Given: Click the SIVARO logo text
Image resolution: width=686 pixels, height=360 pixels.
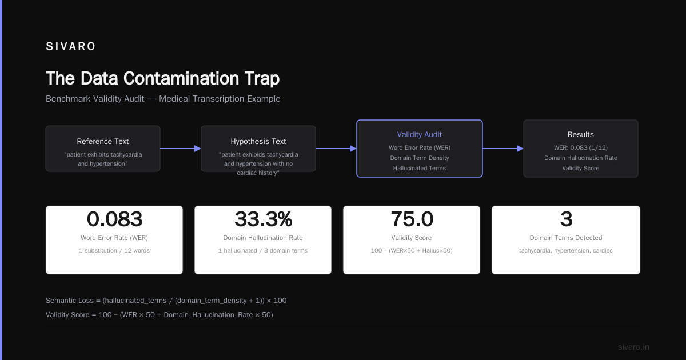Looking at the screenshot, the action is click(70, 46).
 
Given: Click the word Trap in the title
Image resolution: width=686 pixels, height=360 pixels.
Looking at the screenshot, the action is click(262, 78).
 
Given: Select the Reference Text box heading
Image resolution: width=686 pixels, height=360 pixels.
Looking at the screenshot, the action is click(103, 142).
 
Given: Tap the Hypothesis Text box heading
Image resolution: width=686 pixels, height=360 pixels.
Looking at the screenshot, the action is click(258, 142).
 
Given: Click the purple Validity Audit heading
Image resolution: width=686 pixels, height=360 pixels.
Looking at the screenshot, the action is click(419, 134).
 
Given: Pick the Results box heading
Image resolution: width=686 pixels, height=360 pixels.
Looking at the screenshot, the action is click(580, 134).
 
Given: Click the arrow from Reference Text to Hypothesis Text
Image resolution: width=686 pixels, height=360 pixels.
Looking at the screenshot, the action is click(181, 149).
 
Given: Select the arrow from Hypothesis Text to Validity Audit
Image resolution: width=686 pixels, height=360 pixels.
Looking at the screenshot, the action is click(336, 149).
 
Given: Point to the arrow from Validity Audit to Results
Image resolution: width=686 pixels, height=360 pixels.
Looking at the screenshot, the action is click(503, 149).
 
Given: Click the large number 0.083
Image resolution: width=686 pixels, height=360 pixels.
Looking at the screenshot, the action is click(114, 219).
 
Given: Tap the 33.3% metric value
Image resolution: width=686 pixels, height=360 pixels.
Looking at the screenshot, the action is click(264, 219).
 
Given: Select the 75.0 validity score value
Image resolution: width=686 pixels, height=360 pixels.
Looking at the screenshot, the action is click(412, 219).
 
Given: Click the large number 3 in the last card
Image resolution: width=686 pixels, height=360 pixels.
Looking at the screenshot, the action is click(566, 219).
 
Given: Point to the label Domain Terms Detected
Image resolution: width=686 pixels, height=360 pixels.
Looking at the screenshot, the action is click(565, 238).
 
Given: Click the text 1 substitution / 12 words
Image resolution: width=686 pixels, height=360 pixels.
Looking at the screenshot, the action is click(114, 250).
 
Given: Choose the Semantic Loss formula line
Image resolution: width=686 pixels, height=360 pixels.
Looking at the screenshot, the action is click(166, 301).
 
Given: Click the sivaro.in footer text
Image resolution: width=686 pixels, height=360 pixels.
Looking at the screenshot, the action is click(633, 347).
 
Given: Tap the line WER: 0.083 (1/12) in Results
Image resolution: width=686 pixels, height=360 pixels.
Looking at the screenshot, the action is click(580, 147).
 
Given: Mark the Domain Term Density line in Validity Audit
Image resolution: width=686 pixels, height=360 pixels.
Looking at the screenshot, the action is click(419, 158).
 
